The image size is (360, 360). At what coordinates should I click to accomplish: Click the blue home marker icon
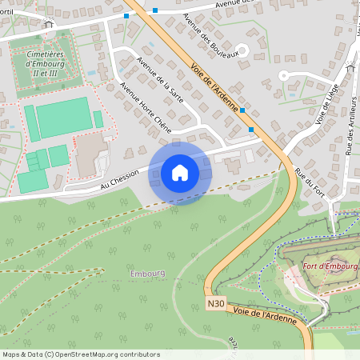pos(180,172)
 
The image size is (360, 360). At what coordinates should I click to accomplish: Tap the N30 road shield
pos(214,303)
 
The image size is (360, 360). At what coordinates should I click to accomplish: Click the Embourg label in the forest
pos(147,273)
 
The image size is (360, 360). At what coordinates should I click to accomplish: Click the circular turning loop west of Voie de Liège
pos(282,75)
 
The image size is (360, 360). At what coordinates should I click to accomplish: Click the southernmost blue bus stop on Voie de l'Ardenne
pos(251,129)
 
